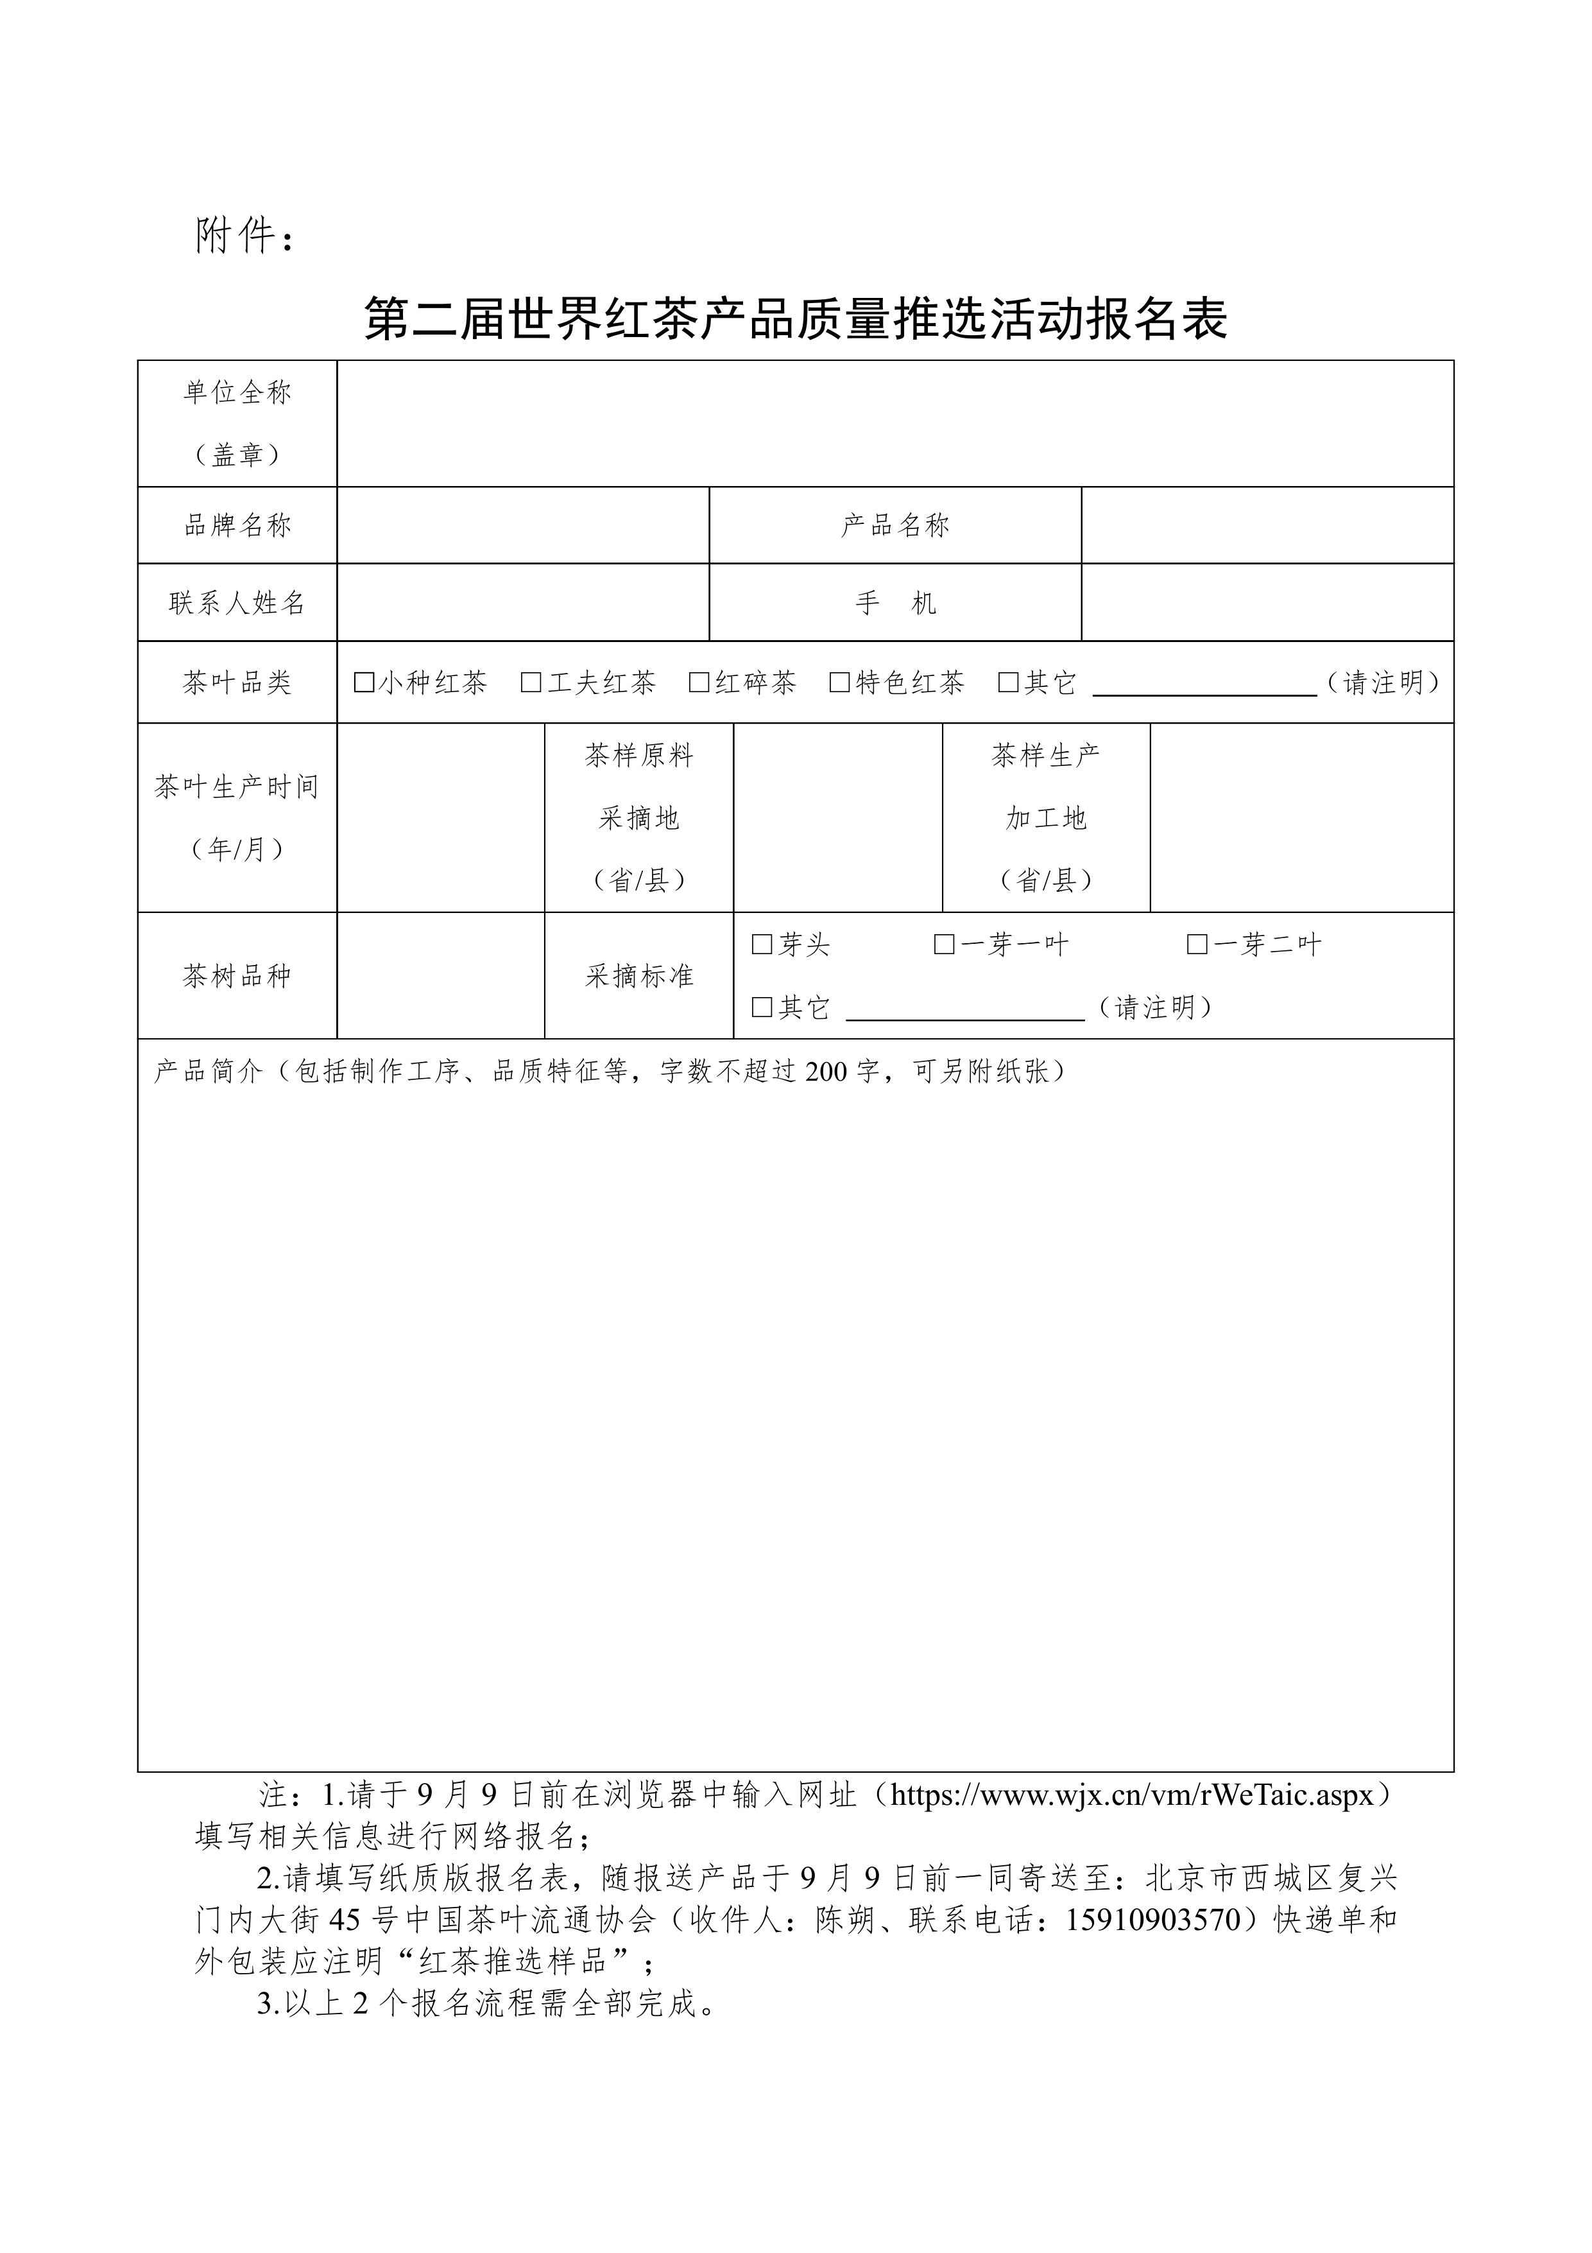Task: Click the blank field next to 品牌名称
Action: coord(523,525)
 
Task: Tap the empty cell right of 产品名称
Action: coord(1267,525)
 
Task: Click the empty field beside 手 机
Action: coord(1267,602)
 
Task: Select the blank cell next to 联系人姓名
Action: coord(523,602)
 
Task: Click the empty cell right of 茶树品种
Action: coord(440,975)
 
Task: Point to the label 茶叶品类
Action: coord(237,683)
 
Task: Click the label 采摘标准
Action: coord(640,975)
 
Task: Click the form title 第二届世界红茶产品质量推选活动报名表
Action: coord(796,319)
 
